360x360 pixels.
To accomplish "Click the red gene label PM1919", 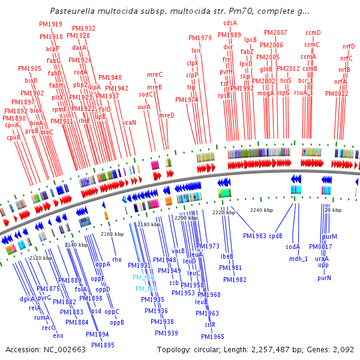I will coord(52,24).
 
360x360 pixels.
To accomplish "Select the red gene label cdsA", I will coord(230,23).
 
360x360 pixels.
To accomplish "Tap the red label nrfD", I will coord(349,46).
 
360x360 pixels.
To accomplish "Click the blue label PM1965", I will coord(213,337).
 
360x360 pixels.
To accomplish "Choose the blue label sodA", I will coord(292,247).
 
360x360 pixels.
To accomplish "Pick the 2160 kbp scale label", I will coord(112,234).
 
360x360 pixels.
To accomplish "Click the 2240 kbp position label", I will coord(262,210).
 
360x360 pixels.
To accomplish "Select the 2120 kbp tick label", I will coord(41,258).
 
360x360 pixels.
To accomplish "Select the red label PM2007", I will coord(275,32).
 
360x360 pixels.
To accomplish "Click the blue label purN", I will coord(324,278).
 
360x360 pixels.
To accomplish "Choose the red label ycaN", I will coord(130,122).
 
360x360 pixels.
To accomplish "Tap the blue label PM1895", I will coord(103,345).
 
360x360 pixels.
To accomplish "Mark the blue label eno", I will coord(58,335).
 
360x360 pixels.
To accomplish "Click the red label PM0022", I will coord(337,94).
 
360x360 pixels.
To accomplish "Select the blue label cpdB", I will coord(275,236).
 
